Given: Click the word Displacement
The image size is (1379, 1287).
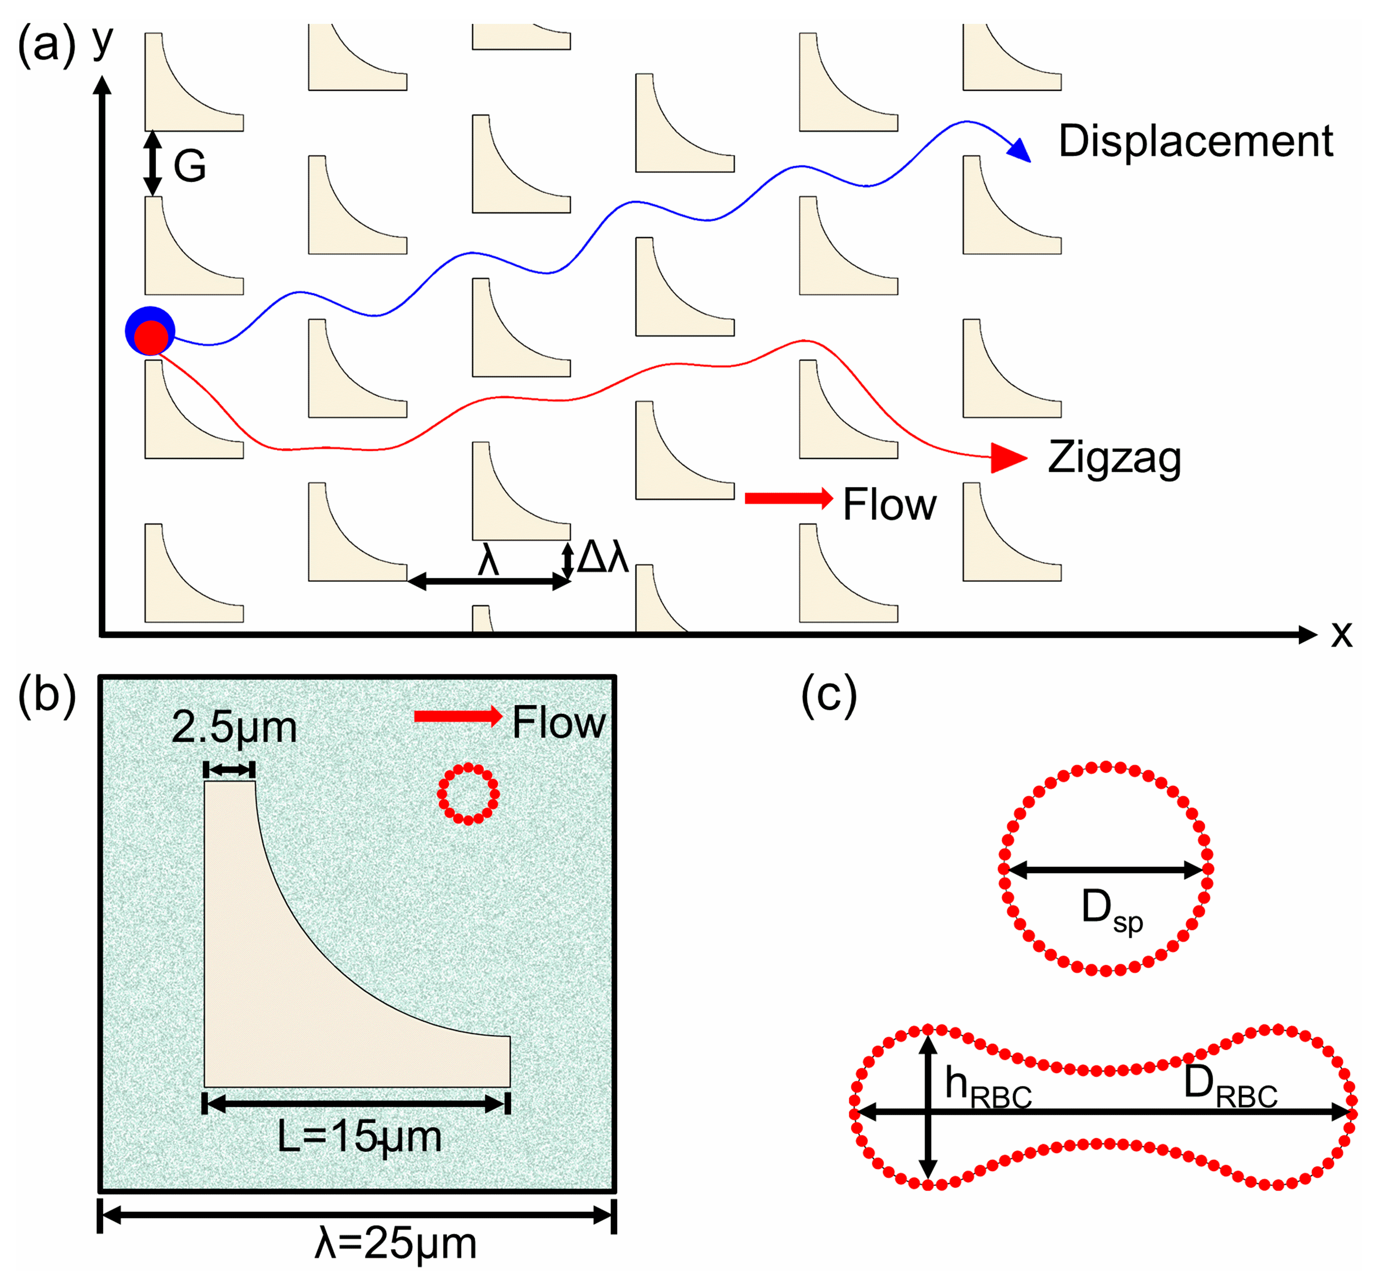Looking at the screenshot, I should tap(1195, 142).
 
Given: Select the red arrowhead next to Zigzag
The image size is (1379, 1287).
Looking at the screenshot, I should tap(1008, 457).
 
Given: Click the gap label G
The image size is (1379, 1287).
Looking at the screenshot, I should tap(189, 166).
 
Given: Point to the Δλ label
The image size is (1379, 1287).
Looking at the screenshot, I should tap(602, 557).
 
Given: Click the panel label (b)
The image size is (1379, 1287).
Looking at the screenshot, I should tap(47, 693).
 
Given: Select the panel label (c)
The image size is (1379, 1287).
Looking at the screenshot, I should tap(829, 693).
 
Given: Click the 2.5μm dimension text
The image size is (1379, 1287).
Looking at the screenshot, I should tap(234, 727).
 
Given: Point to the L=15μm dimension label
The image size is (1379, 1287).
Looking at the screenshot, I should tap(359, 1137).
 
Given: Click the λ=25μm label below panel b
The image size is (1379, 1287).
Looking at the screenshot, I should tap(395, 1243).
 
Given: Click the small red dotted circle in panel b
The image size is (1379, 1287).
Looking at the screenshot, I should tap(468, 794).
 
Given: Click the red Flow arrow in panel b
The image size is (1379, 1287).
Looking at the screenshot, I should tap(458, 717).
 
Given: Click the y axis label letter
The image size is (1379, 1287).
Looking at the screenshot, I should tap(103, 41).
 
